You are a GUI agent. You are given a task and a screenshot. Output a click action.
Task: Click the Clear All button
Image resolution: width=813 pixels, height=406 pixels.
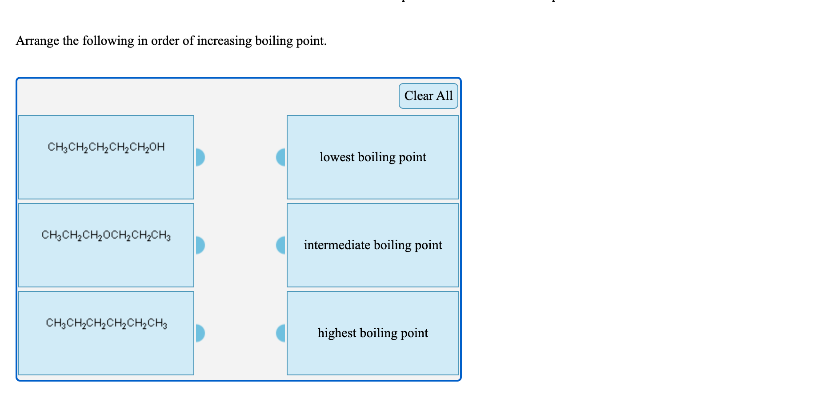click(x=428, y=96)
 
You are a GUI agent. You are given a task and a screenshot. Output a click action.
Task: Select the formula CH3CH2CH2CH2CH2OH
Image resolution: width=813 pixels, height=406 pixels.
click(x=106, y=147)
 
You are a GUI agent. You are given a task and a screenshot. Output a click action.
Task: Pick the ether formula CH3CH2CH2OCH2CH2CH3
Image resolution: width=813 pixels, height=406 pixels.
click(x=106, y=235)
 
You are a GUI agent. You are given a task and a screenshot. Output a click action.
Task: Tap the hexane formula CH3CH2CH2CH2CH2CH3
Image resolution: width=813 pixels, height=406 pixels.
click(x=106, y=323)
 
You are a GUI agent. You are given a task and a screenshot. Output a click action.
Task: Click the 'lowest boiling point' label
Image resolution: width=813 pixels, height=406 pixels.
click(x=372, y=157)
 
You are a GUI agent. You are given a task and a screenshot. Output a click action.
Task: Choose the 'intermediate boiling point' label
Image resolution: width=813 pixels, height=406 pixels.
click(x=372, y=245)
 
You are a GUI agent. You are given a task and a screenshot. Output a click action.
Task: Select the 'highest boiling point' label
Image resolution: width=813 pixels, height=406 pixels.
click(x=372, y=333)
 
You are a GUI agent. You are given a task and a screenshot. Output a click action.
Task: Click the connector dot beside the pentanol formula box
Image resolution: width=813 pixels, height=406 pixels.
click(x=200, y=157)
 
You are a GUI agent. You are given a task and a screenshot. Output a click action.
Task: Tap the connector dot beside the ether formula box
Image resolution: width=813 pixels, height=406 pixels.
click(x=200, y=245)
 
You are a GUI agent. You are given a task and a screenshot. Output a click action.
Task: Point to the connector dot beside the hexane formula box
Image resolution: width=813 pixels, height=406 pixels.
click(x=200, y=333)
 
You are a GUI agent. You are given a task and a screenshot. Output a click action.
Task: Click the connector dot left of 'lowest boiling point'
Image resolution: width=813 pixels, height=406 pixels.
click(x=281, y=157)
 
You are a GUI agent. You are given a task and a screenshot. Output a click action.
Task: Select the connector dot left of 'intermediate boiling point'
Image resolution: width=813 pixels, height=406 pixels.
click(x=281, y=245)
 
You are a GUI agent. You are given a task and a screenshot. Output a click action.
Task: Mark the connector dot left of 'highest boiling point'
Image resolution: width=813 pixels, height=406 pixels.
click(x=281, y=333)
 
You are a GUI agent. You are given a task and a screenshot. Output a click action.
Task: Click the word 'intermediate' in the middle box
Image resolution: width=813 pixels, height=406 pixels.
click(x=337, y=245)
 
